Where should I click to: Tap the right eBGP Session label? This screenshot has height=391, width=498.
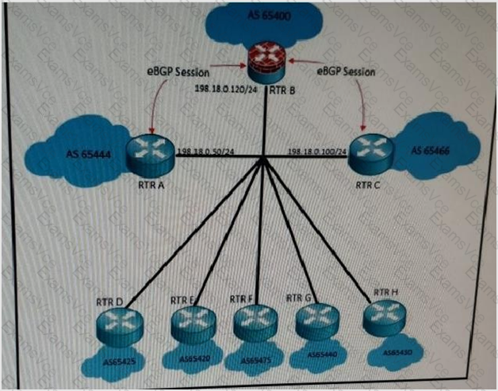[x=346, y=71]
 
